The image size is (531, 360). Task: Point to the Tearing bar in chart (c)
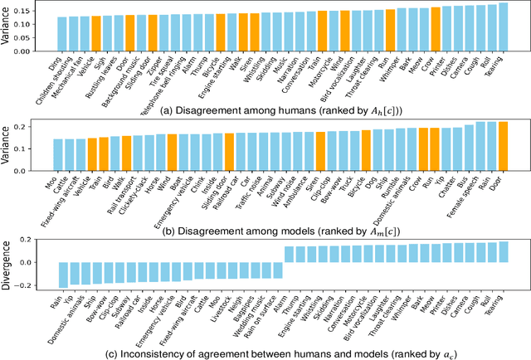click(503, 253)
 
